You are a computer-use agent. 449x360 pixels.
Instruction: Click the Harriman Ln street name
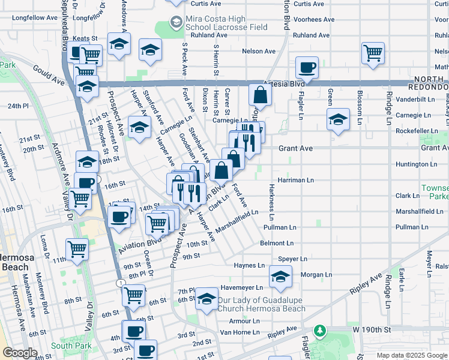(x=295, y=179)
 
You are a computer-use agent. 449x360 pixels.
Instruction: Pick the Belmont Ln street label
(x=277, y=243)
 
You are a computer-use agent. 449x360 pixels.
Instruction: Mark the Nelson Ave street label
(x=259, y=51)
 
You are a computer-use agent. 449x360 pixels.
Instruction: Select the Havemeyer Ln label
(x=242, y=287)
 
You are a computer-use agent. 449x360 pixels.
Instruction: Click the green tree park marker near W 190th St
(x=321, y=331)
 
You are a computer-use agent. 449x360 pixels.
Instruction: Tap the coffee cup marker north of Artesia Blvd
(x=307, y=68)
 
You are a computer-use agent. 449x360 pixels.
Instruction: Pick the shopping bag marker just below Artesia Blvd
(x=260, y=94)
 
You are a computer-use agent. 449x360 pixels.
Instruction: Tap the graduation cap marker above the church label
(x=206, y=299)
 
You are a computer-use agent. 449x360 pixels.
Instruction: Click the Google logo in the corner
(x=19, y=353)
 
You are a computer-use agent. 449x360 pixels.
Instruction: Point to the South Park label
(x=71, y=346)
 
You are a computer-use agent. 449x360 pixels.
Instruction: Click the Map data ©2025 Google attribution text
(x=411, y=355)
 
